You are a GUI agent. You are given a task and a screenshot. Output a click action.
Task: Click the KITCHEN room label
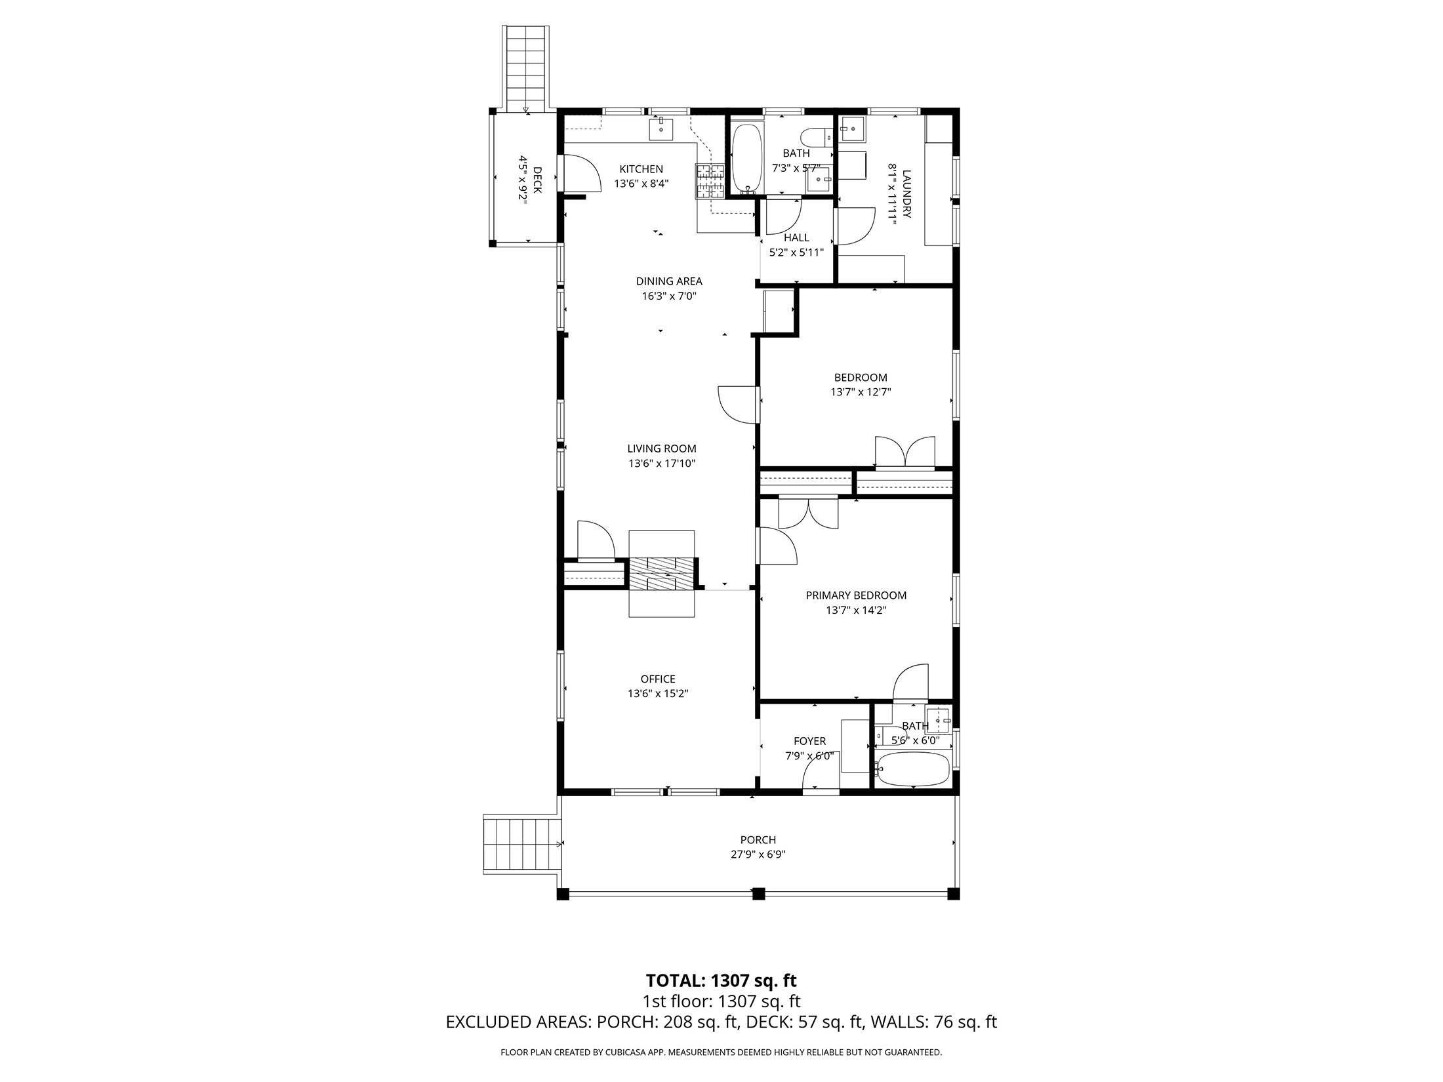(641, 169)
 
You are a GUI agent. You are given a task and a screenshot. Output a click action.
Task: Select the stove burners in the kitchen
(710, 182)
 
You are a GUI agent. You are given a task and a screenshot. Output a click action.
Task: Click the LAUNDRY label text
(906, 194)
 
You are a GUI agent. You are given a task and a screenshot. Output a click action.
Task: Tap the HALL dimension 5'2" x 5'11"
(796, 252)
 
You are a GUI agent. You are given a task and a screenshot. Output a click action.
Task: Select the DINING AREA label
(668, 281)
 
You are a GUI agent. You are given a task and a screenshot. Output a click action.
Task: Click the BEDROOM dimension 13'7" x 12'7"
(861, 392)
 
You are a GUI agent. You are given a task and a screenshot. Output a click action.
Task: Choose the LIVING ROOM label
(661, 449)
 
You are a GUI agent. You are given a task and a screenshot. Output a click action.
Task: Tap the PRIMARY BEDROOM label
(856, 595)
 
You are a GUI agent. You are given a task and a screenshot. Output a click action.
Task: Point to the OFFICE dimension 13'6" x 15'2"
(658, 694)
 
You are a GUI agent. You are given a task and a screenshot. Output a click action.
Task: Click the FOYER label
(809, 741)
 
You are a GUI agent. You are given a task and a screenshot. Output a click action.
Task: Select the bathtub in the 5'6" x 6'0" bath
(913, 769)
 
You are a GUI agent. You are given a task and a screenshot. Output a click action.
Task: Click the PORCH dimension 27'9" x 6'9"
(758, 854)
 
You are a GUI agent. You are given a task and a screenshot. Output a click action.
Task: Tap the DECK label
(537, 180)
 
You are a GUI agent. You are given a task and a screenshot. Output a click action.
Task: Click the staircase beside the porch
(522, 843)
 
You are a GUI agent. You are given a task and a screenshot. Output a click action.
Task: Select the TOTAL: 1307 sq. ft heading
(721, 999)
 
